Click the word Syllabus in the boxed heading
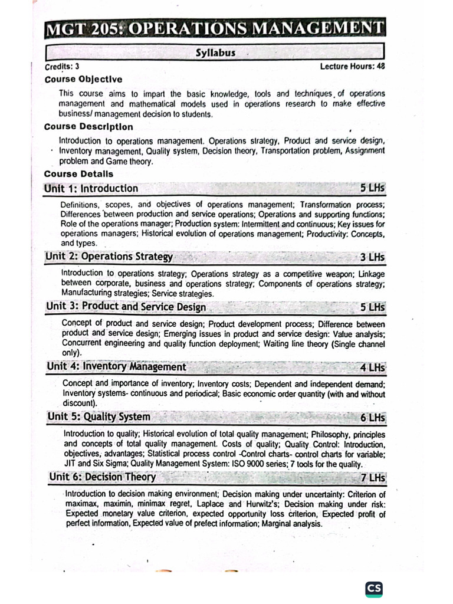(x=215, y=52)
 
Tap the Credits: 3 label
(x=62, y=67)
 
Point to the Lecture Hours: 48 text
(x=352, y=67)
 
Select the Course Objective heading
(x=83, y=79)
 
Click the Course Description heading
(x=88, y=127)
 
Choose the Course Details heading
(x=78, y=174)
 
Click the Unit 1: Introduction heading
(x=91, y=189)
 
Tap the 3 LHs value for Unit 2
(x=372, y=257)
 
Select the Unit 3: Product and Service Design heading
(x=126, y=307)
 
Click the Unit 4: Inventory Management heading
(x=117, y=367)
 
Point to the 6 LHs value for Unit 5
(x=372, y=418)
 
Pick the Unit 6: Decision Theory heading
(x=103, y=477)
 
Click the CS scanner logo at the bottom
(x=374, y=588)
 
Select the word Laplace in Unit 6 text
(x=212, y=504)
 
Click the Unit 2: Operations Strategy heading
(x=110, y=257)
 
